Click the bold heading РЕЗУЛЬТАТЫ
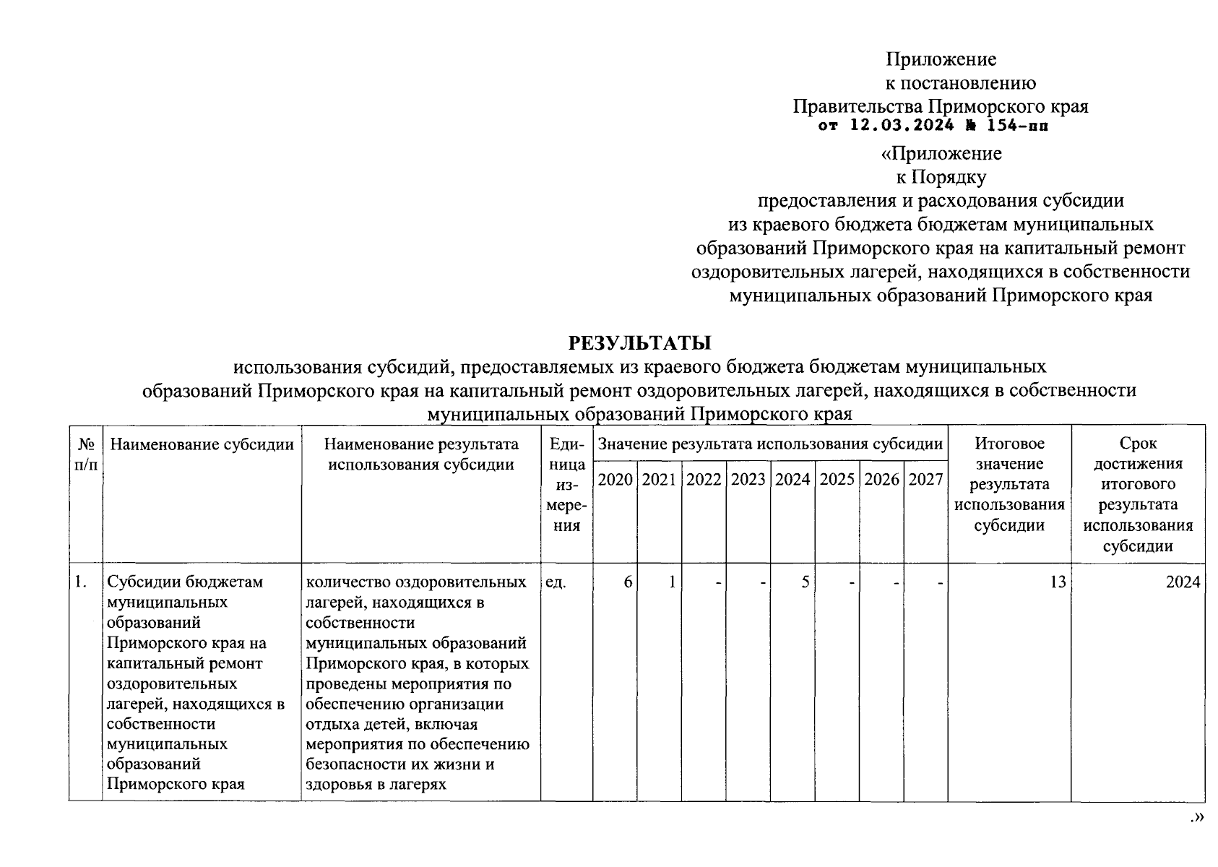(x=639, y=342)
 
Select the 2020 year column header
(x=616, y=480)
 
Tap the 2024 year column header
(x=792, y=480)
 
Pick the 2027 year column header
(x=925, y=480)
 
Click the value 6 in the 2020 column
(x=629, y=582)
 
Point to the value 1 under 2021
(x=672, y=582)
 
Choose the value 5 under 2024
(x=805, y=582)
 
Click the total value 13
(x=1058, y=582)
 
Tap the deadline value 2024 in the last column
(x=1183, y=582)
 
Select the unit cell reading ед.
(x=556, y=582)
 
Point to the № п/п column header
(x=86, y=454)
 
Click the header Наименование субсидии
(x=202, y=444)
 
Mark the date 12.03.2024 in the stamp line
(x=898, y=126)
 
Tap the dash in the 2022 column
(x=718, y=582)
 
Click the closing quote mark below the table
(x=1197, y=817)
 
